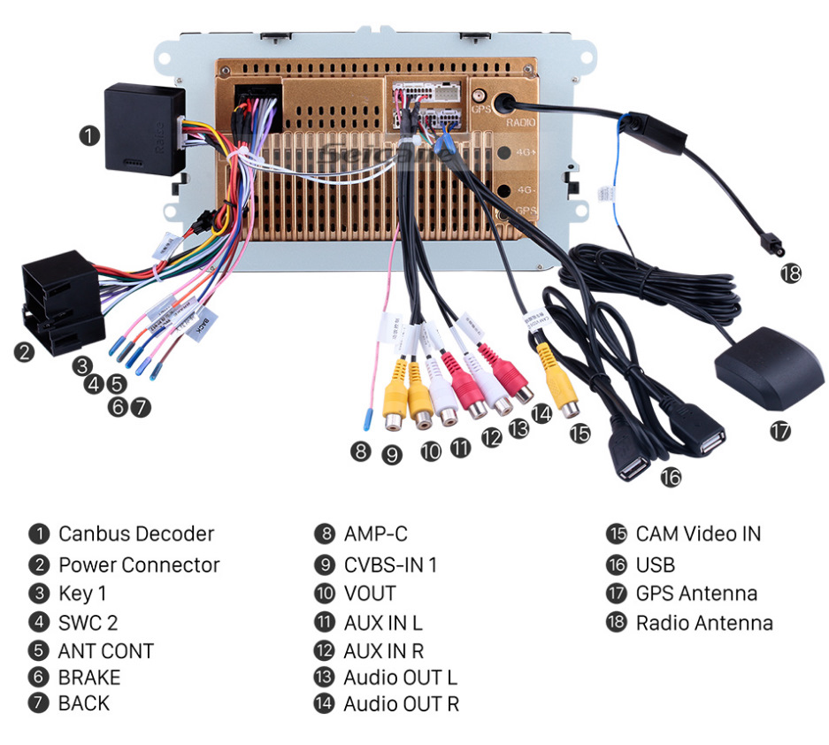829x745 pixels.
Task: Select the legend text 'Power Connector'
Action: coord(139,565)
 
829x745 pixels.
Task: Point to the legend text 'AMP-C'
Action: coord(375,534)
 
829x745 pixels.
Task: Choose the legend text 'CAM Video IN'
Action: coord(697,534)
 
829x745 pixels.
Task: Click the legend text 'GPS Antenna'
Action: coord(695,593)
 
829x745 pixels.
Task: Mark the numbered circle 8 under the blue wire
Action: coord(359,450)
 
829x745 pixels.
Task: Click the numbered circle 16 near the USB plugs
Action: coord(671,477)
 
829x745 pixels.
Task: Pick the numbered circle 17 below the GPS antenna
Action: coord(779,431)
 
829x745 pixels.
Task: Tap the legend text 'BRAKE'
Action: coord(88,678)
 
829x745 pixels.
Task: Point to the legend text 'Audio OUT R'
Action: coord(401,704)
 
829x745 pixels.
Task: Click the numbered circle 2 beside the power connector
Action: coord(24,351)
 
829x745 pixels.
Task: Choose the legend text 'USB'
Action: coord(655,565)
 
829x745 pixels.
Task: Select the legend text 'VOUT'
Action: coord(369,593)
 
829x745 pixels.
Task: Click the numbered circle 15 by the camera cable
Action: coord(580,433)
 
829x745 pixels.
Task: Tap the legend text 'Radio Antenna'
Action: coord(703,623)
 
